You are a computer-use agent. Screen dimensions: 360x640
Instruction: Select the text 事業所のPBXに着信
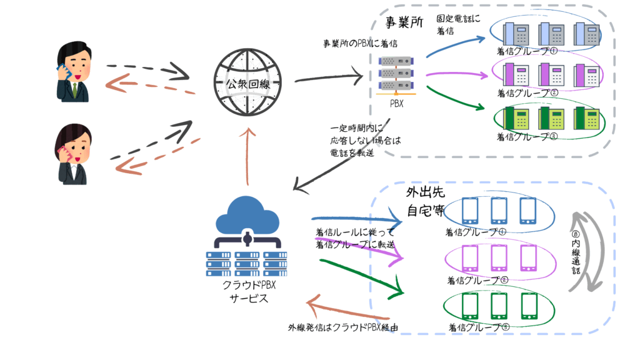360,44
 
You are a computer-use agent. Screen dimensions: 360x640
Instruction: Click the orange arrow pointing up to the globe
248,156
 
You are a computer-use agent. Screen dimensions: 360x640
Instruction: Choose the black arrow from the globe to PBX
329,79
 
